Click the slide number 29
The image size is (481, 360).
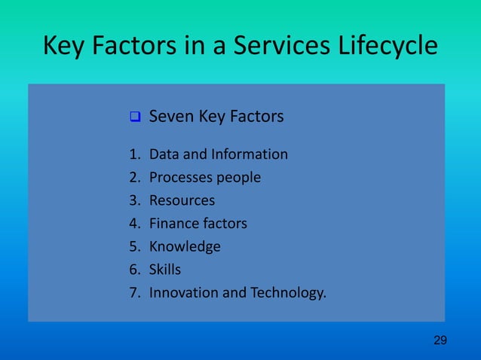click(x=440, y=341)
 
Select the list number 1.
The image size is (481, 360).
click(x=133, y=154)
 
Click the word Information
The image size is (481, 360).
click(x=250, y=154)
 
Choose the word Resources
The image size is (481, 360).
click(x=182, y=200)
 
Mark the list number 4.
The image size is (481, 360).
click(x=133, y=223)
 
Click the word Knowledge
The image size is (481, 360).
click(x=185, y=246)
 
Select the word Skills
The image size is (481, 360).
click(x=165, y=269)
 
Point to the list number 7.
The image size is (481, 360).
click(x=133, y=291)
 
